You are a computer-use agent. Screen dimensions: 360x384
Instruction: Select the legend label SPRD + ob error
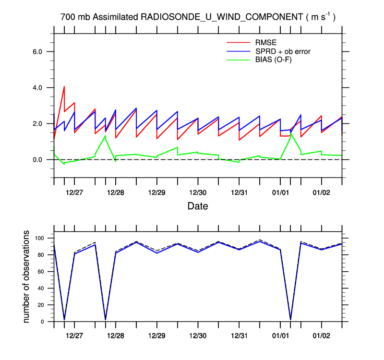pyautogui.click(x=284, y=51)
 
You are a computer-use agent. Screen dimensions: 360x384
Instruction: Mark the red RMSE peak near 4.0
pyautogui.click(x=64, y=87)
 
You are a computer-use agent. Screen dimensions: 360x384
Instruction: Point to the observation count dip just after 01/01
pyautogui.click(x=290, y=319)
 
